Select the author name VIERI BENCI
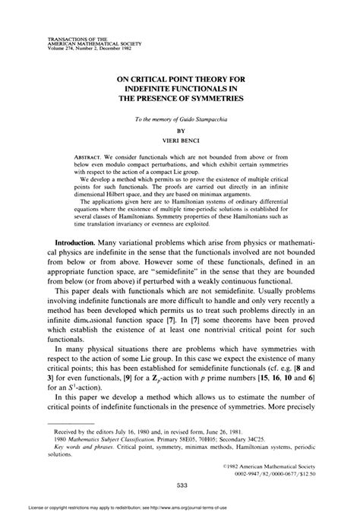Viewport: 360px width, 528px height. (x=180, y=141)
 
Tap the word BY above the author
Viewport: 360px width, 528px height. (x=180, y=130)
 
